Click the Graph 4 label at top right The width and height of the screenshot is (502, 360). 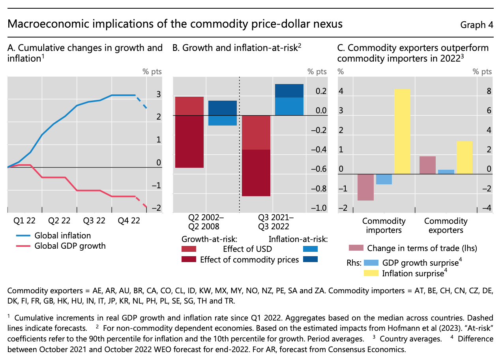tap(476, 25)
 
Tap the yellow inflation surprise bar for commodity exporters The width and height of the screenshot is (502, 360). tap(465, 157)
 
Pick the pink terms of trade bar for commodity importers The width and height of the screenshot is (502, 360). tap(365, 187)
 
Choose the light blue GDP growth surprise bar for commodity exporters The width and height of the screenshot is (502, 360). tap(446, 172)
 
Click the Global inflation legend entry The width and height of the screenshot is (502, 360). tap(62, 236)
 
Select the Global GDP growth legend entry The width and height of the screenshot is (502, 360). tap(70, 246)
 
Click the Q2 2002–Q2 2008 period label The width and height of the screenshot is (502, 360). tap(206, 222)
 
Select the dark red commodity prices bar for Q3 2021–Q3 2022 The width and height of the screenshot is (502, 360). tap(256, 172)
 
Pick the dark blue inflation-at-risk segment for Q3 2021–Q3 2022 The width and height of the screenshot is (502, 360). tap(289, 91)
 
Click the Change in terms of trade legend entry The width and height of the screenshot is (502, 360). tap(421, 248)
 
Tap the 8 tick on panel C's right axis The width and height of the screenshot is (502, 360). tap(488, 92)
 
